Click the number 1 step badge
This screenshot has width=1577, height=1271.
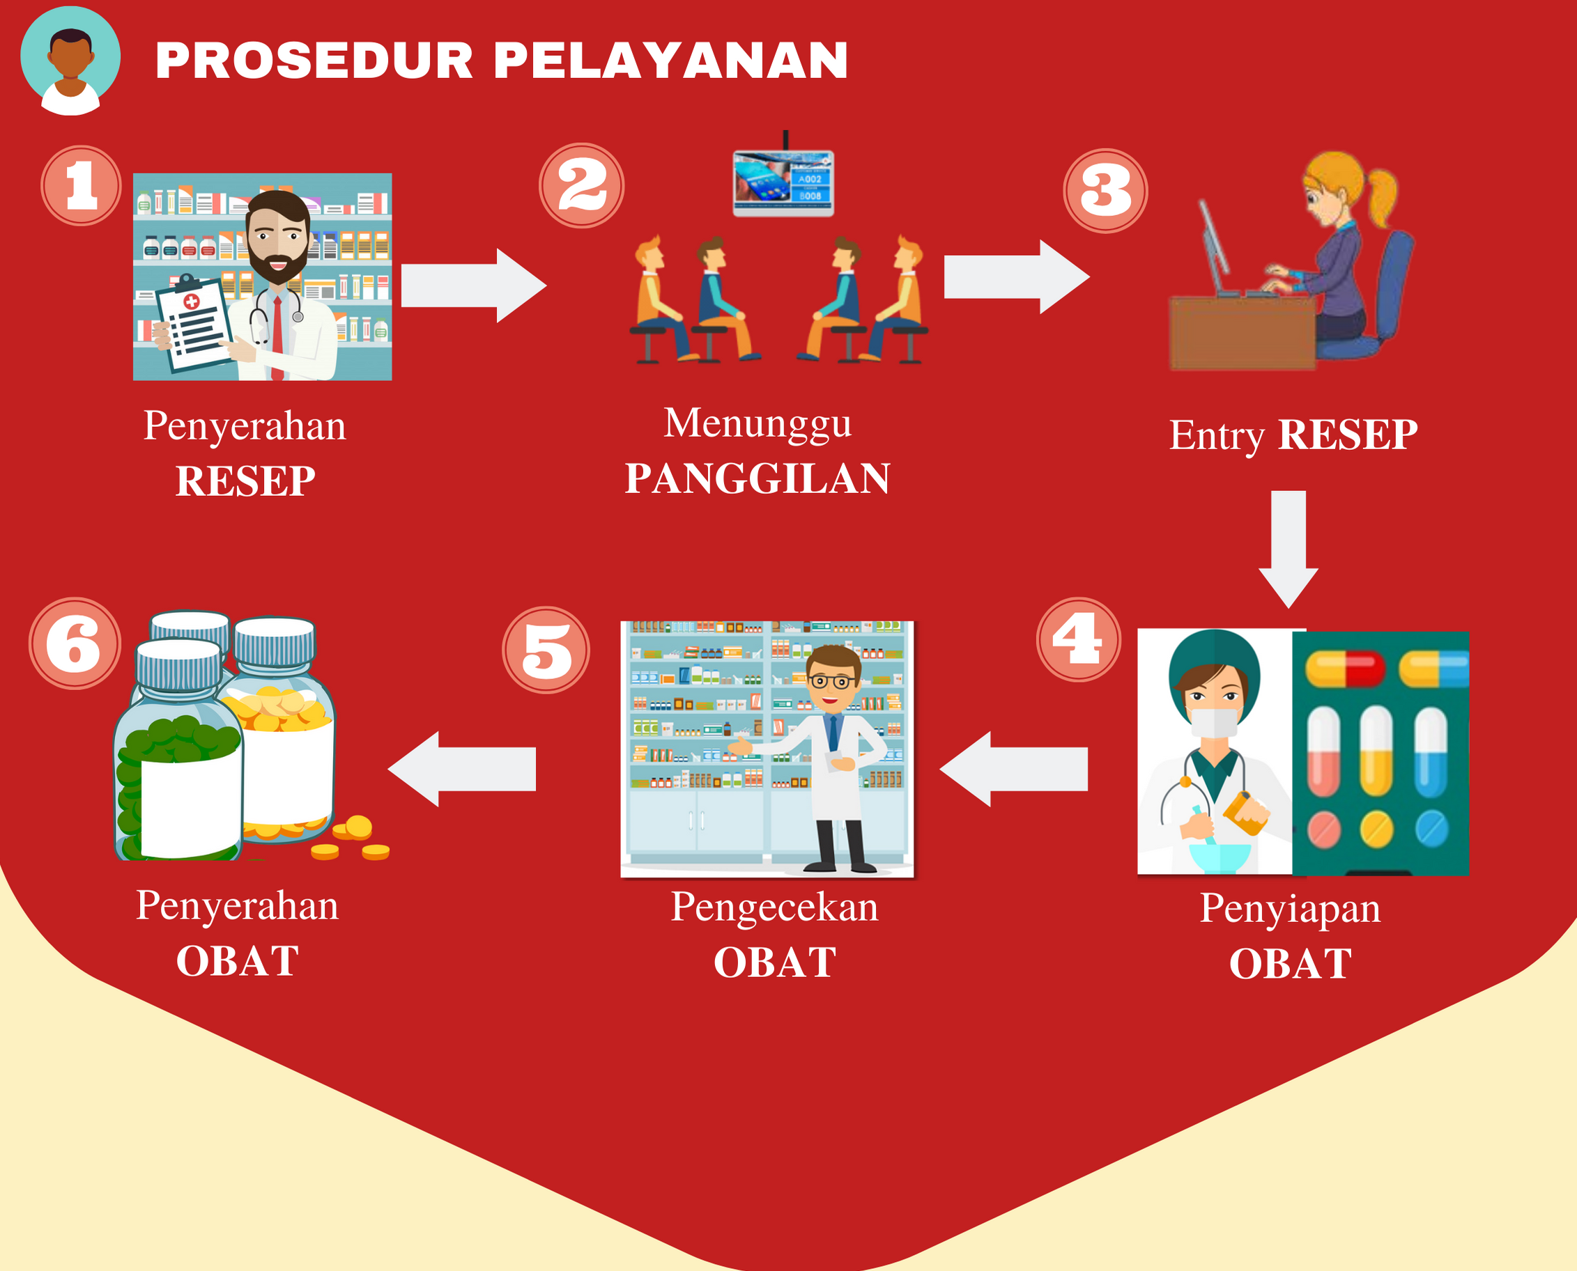(x=81, y=185)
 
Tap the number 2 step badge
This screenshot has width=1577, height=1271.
(x=582, y=185)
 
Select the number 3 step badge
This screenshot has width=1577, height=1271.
(x=1105, y=191)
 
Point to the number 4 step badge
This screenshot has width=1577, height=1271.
(x=1078, y=639)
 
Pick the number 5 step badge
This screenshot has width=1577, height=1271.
(x=546, y=649)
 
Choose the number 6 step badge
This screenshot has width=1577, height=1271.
(x=75, y=643)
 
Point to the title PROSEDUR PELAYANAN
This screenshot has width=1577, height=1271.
(x=502, y=60)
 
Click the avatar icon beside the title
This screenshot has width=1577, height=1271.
(x=70, y=61)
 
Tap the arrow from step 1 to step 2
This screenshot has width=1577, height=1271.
(x=474, y=286)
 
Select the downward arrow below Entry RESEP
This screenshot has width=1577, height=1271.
(x=1288, y=549)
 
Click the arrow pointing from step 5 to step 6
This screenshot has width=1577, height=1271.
(x=461, y=769)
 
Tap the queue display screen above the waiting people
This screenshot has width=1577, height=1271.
(x=783, y=183)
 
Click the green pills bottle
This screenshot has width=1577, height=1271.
(x=178, y=751)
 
